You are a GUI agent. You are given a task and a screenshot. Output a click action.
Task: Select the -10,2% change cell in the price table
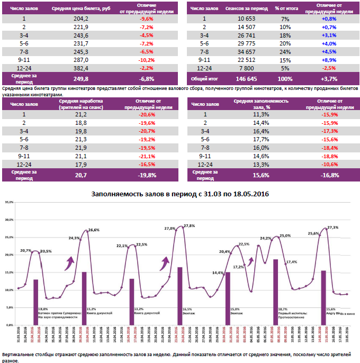pyautogui.click(x=146, y=60)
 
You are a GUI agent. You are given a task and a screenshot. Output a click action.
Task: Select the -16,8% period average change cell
pyautogui.click(x=329, y=175)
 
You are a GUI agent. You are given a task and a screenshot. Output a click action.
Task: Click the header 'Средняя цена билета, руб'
pyautogui.click(x=81, y=8)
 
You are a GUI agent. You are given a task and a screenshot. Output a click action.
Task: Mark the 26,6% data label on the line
pyautogui.click(x=94, y=230)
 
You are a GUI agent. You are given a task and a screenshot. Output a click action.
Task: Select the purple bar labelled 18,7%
pyautogui.click(x=276, y=283)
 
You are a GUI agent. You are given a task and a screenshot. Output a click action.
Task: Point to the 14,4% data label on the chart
pyautogui.click(x=217, y=273)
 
